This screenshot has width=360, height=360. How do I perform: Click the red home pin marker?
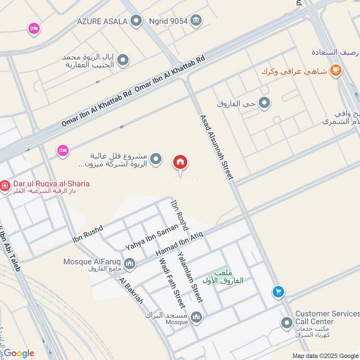180,162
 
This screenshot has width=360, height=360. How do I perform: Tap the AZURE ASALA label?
102,21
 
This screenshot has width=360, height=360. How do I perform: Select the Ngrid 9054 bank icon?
196,20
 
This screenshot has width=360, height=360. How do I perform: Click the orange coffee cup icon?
335,70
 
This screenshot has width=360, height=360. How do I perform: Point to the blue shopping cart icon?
278,292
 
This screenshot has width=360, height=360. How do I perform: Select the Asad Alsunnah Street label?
216,147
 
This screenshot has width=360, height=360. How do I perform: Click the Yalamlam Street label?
190,276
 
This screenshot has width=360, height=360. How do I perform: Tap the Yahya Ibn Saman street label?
144,238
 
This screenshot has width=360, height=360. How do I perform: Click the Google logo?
18,353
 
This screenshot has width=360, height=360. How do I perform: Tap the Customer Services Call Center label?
327,318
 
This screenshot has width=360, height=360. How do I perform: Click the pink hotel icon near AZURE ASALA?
33,29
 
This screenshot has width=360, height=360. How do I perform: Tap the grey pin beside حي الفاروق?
265,103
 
